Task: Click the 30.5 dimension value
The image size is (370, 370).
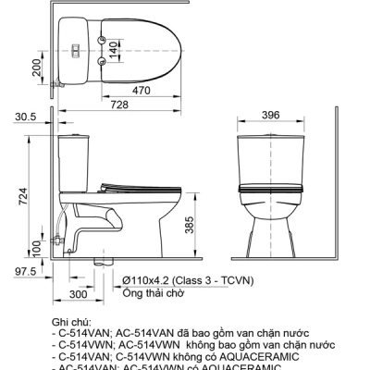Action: click(x=26, y=117)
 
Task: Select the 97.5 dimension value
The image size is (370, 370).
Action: click(x=25, y=271)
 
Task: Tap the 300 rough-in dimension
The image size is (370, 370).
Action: click(x=78, y=293)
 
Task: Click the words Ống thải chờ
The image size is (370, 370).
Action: click(x=149, y=293)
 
